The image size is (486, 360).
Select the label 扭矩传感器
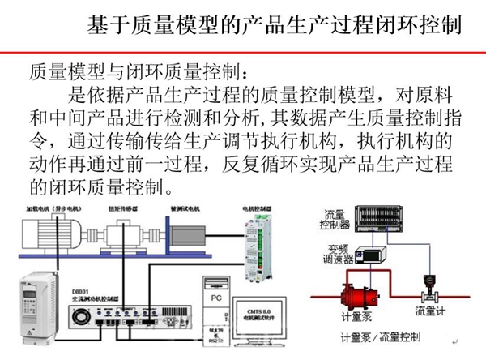click(x=129, y=207)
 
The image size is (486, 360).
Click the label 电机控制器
click(x=257, y=207)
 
